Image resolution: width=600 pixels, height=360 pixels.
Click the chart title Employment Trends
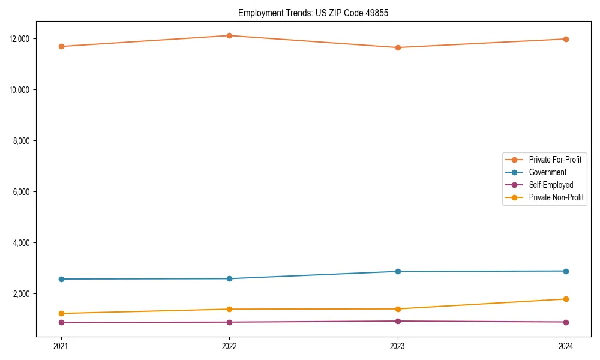[313, 13]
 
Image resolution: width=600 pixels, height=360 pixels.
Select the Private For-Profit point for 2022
[229, 35]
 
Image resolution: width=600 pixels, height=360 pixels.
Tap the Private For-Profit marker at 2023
[397, 47]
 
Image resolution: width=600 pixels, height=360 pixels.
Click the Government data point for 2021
[61, 279]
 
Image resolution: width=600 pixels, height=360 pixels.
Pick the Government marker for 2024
[566, 271]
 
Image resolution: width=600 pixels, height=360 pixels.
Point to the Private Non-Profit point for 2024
[566, 299]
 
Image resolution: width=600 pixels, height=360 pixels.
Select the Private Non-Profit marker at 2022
[229, 309]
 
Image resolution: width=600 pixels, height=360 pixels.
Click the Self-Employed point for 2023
[397, 321]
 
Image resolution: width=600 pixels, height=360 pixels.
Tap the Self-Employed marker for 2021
[61, 322]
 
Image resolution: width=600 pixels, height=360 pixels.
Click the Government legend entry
[547, 172]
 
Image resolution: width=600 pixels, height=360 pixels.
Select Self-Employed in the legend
[551, 185]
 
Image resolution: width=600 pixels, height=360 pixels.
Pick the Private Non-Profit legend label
[556, 197]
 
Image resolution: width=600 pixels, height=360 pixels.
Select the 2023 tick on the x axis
[397, 346]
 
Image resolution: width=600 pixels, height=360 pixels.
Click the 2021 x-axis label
[61, 346]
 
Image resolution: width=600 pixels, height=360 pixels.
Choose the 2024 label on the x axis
[566, 346]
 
